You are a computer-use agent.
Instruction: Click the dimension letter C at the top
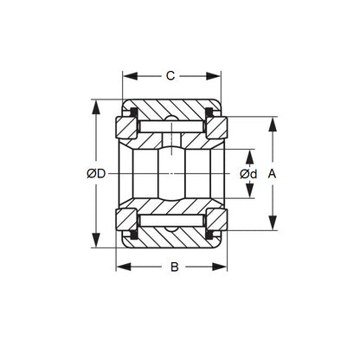click(170, 76)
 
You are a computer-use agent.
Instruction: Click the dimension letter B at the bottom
click(173, 267)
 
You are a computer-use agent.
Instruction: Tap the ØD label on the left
click(97, 174)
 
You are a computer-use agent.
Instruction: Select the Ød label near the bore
click(248, 174)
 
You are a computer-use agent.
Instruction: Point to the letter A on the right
click(273, 174)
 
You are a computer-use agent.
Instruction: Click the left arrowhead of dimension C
click(126, 76)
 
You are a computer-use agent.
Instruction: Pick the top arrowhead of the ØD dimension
click(94, 106)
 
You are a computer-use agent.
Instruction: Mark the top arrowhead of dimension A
click(273, 121)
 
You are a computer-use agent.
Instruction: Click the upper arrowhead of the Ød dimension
click(249, 153)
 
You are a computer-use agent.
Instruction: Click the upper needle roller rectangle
click(170, 127)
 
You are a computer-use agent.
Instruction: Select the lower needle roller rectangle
click(170, 221)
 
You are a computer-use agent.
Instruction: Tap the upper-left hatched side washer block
click(126, 127)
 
